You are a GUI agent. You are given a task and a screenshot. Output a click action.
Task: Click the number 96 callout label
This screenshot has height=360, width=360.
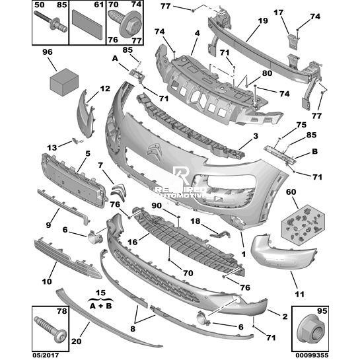pyautogui.click(x=48, y=52)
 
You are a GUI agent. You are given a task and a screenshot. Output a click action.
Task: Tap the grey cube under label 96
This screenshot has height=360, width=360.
pyautogui.click(x=64, y=82)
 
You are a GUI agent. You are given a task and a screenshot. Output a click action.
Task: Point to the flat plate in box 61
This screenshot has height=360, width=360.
pyautogui.click(x=87, y=24)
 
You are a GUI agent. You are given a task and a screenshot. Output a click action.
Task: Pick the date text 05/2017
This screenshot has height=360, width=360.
pyautogui.click(x=46, y=355)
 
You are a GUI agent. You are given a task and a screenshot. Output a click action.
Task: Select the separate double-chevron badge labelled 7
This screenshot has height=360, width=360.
pyautogui.click(x=118, y=192)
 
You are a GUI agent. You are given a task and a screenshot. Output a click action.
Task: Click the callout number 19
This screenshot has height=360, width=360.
pyautogui.click(x=263, y=21)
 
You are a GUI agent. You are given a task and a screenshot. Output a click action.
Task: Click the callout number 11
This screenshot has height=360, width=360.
pyautogui.click(x=300, y=295)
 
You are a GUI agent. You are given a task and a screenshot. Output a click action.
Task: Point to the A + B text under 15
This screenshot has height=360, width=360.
pyautogui.click(x=100, y=306)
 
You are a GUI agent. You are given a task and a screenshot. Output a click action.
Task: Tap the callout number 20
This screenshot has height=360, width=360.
pyautogui.click(x=76, y=342)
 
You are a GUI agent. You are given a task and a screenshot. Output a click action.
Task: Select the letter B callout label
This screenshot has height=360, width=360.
pyautogui.click(x=314, y=151)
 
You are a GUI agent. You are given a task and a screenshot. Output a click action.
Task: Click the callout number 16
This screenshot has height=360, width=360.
pyautogui.click(x=132, y=242)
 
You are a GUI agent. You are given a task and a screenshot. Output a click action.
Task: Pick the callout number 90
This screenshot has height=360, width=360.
pyautogui.click(x=157, y=205)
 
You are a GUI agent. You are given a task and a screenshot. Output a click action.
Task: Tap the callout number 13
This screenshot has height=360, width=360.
pyautogui.click(x=52, y=147)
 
